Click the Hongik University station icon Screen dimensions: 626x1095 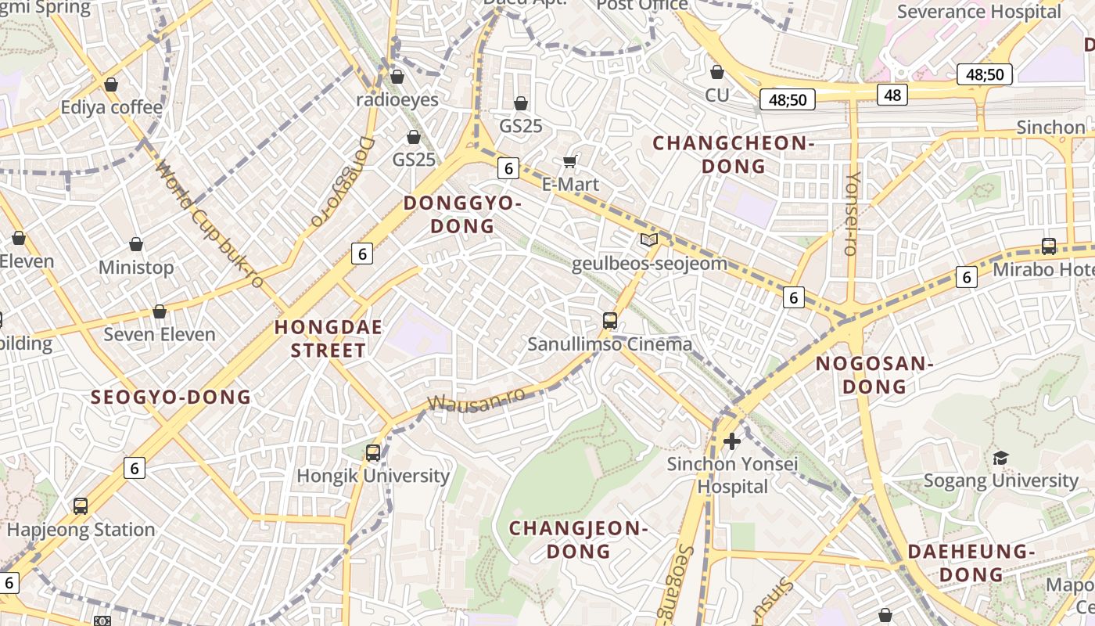point(373,452)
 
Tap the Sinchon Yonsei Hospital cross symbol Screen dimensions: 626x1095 point(732,442)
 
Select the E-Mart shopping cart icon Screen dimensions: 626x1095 point(570,161)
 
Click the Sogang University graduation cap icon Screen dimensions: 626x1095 point(1000,458)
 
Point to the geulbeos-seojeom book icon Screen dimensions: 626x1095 point(649,239)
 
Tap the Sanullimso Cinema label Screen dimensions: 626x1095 point(609,344)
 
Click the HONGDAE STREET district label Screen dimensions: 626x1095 point(328,339)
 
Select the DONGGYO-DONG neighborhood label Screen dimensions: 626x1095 point(461,214)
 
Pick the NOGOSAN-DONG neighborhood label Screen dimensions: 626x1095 point(874,375)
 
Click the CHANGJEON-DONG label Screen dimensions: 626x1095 point(579,539)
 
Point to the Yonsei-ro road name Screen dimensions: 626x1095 point(853,214)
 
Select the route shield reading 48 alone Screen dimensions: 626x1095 point(892,95)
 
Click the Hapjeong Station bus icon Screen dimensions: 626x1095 point(81,506)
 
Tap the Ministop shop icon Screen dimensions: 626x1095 point(136,244)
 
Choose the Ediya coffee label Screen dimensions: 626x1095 point(111,107)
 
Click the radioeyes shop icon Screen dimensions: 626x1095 point(397,77)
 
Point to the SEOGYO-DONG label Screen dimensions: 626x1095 point(171,397)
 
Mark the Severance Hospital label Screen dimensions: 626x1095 point(978,12)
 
